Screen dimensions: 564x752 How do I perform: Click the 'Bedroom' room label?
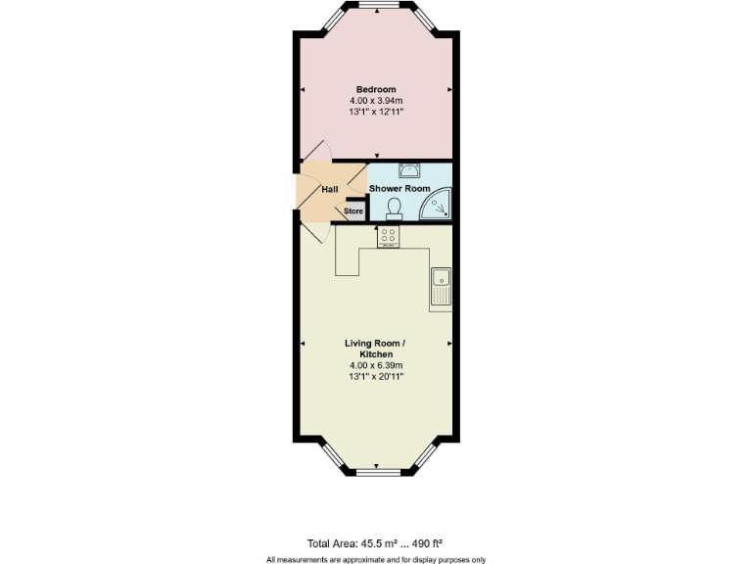coord(376,90)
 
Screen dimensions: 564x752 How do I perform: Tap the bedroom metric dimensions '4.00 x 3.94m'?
coord(376,101)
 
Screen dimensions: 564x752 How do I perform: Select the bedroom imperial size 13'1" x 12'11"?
coord(376,113)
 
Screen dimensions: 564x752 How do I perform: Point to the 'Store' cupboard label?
coord(352,211)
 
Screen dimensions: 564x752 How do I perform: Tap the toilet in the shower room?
coord(395,208)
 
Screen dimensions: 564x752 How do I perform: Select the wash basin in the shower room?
coord(408,168)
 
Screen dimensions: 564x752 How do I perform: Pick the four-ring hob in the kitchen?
coord(388,237)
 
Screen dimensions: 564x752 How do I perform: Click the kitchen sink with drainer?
coord(440,284)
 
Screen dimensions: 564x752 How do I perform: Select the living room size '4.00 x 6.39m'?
coord(376,365)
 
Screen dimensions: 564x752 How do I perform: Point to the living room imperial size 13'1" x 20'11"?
coord(376,376)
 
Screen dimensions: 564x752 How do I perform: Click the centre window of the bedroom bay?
coord(376,7)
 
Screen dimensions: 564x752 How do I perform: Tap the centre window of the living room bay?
coord(376,472)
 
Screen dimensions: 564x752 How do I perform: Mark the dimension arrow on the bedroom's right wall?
coord(449,90)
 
